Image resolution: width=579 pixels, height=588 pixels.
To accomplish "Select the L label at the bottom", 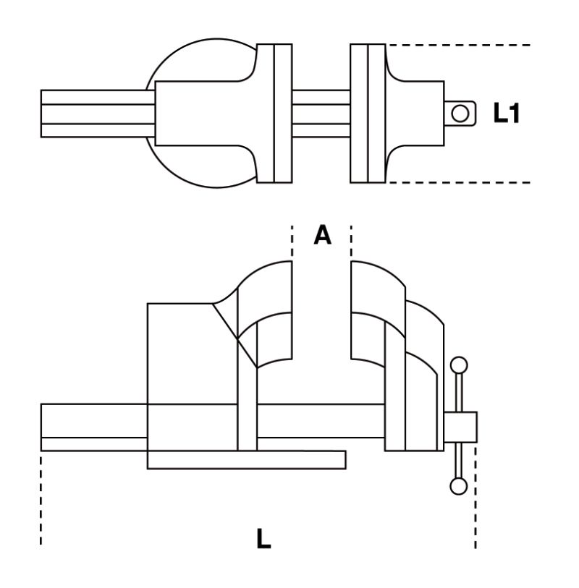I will click(264, 539).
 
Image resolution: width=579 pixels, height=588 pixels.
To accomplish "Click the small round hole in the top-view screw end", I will click(459, 113).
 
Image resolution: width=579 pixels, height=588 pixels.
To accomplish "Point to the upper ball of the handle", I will click(458, 365).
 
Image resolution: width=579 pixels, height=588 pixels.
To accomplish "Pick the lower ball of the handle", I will click(458, 485).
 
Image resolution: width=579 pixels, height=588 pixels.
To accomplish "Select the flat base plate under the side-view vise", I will click(246, 460).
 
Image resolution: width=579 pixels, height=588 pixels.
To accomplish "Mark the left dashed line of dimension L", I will click(41, 499).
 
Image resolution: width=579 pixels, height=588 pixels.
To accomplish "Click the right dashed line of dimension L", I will click(476, 499).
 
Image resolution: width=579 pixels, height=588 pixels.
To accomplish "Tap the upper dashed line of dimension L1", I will click(463, 45).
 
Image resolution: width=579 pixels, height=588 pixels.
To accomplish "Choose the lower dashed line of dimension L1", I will click(463, 182).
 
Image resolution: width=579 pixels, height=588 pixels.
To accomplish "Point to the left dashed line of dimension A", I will click(292, 242).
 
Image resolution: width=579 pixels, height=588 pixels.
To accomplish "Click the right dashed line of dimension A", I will click(351, 242).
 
